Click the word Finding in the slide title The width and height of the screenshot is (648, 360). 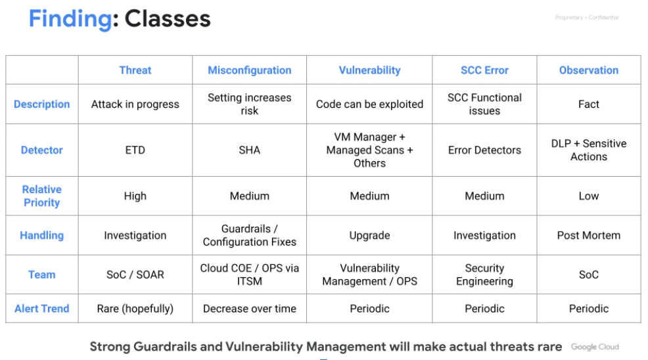click(70, 20)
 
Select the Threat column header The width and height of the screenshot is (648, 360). click(135, 70)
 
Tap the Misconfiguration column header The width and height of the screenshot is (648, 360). click(250, 70)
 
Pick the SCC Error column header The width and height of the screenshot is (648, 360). click(484, 70)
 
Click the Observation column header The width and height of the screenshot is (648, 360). click(588, 70)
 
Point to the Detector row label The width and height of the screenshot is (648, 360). click(42, 150)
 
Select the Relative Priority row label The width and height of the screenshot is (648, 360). click(42, 196)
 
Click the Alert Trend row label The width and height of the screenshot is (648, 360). click(42, 309)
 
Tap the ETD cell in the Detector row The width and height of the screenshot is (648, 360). click(135, 150)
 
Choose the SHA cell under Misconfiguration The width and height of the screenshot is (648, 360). click(250, 150)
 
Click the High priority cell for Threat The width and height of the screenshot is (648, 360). click(135, 196)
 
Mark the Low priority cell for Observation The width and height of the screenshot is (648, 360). click(588, 196)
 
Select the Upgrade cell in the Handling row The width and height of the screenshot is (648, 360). click(369, 236)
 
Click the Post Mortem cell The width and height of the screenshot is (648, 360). click(588, 236)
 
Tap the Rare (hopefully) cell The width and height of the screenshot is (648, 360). click(135, 309)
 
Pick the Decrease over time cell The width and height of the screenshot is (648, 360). click(250, 309)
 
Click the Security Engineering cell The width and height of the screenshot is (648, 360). click(484, 275)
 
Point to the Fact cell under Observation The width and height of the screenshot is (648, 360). click(588, 104)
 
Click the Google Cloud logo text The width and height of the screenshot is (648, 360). click(595, 347)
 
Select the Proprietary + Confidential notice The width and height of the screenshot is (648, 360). click(587, 17)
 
